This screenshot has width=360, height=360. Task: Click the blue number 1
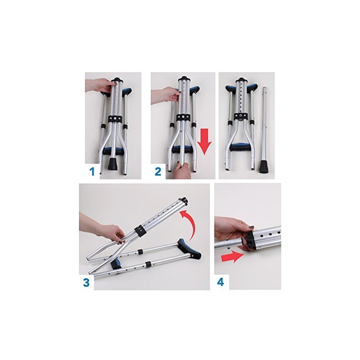coord(91,172)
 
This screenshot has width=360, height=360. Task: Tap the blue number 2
coord(158,172)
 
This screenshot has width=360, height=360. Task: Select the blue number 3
coord(86,282)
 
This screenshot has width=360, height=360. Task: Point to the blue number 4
coord(221,282)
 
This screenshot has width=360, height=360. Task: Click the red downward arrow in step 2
coord(205,139)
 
